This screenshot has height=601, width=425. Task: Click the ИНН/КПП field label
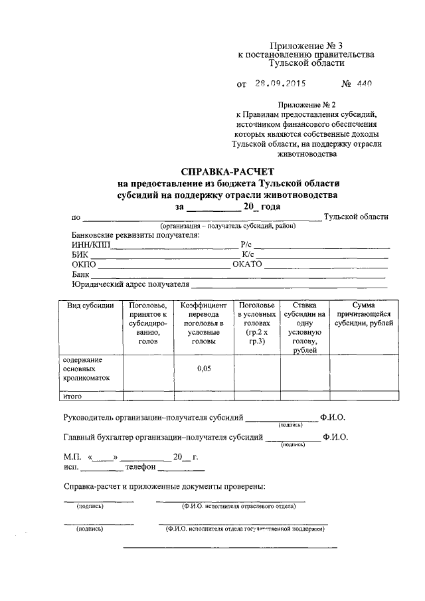[90, 244]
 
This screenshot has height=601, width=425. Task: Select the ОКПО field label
[84, 264]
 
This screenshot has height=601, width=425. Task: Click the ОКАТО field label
[248, 264]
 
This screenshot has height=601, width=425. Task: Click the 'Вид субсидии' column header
[90, 305]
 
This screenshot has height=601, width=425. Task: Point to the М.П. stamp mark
[72, 457]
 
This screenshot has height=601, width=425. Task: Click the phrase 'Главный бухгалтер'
[101, 438]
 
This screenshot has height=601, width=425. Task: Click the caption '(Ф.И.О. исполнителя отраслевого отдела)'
[238, 506]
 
